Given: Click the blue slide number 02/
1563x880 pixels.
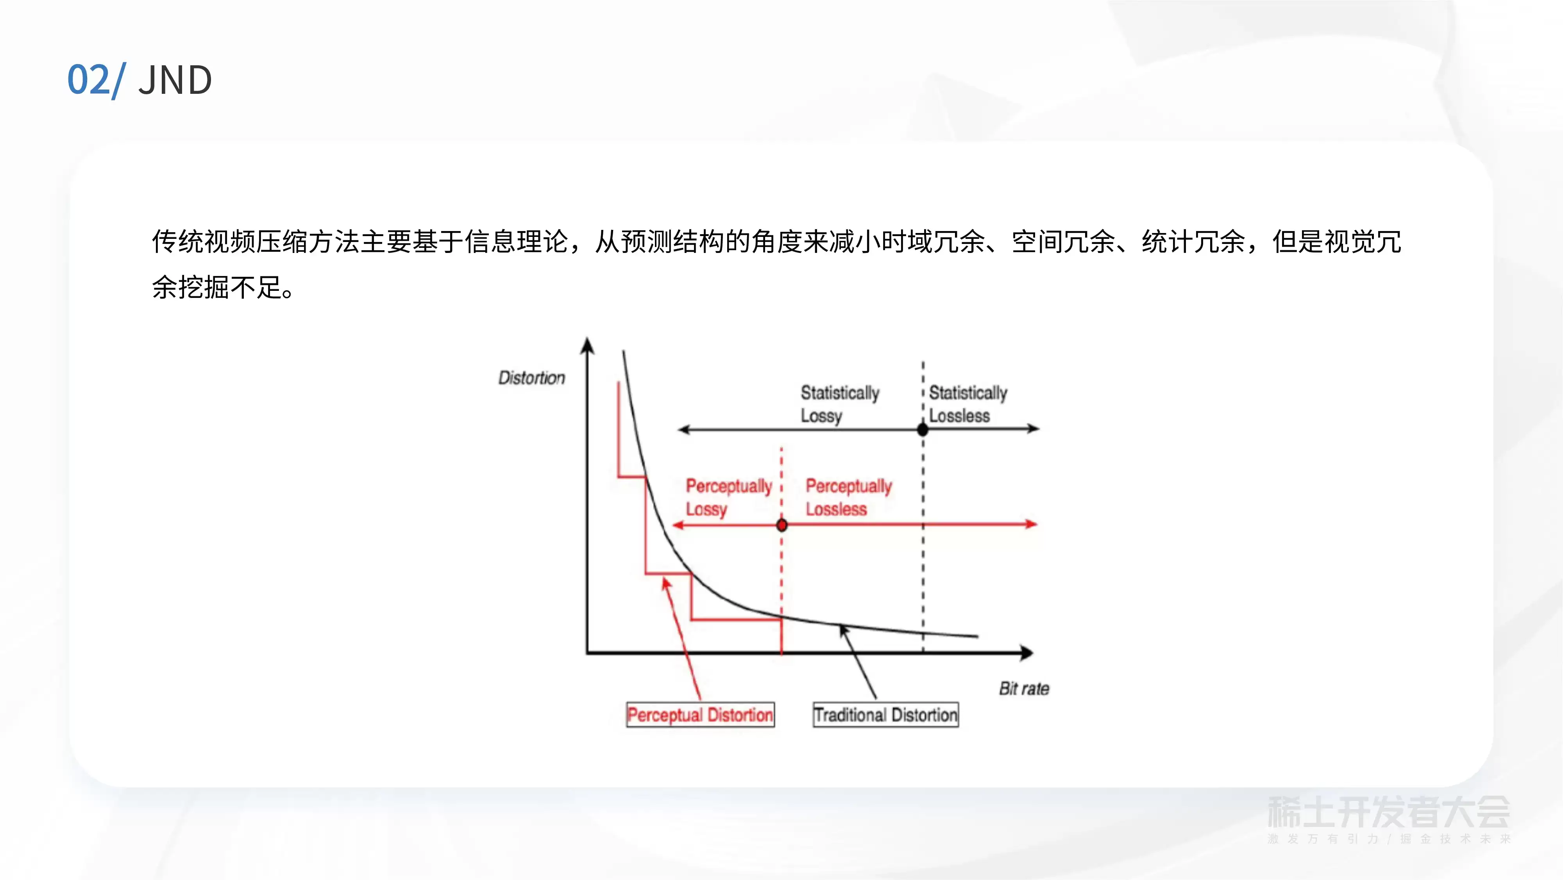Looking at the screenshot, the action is tap(97, 80).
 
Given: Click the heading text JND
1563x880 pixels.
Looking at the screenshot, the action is tap(175, 80).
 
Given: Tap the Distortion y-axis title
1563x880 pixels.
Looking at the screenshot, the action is tap(531, 378).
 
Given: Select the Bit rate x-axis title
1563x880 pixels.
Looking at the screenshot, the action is tap(1024, 688).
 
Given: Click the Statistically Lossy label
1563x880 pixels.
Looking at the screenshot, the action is tap(840, 404).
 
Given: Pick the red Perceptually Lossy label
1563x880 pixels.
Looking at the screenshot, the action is tap(728, 497).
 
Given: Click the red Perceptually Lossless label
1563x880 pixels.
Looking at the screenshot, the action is tap(848, 497).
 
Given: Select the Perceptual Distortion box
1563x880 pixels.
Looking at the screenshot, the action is tap(700, 714).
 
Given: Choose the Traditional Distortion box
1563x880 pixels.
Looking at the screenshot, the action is tap(886, 714).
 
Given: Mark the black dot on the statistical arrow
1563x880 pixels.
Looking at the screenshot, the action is tap(923, 430).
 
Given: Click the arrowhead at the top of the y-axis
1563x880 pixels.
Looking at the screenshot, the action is tap(587, 344).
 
